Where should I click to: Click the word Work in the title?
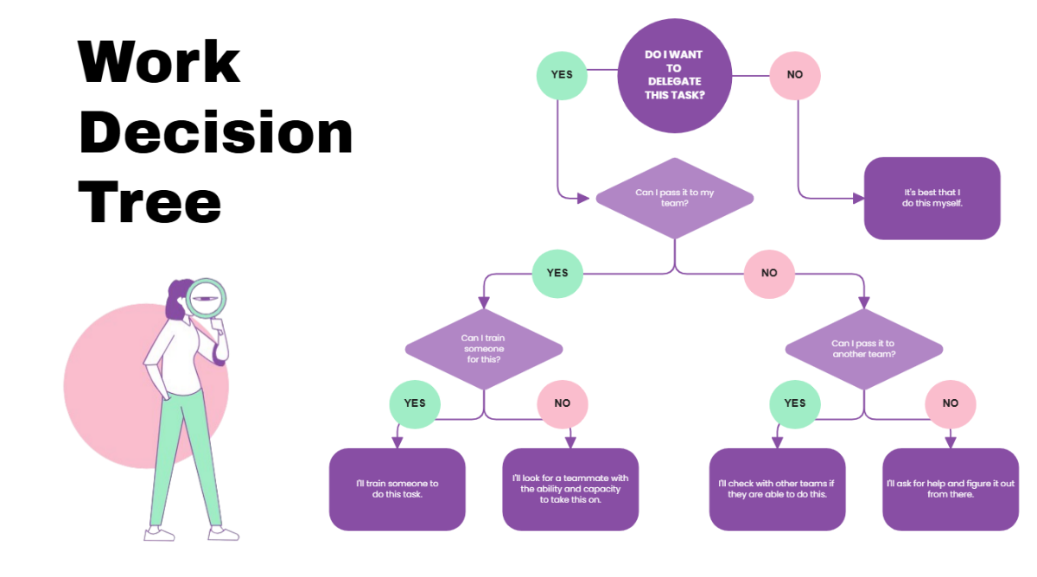159,62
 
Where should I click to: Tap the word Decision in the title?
215,134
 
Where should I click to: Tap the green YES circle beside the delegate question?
562,74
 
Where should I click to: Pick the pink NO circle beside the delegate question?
795,74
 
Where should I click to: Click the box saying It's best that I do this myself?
932,198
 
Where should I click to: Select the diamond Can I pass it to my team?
674,198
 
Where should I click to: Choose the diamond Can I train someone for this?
484,349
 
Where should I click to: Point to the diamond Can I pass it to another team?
864,349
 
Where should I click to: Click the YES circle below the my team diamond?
557,273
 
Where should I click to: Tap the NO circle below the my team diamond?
769,273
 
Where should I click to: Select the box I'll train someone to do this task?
398,489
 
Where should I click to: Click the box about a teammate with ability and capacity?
570,489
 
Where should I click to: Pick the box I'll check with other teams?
777,489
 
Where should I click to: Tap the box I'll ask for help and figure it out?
951,489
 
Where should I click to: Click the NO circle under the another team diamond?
951,403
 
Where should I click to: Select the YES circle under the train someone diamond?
415,403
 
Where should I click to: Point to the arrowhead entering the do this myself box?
859,198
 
